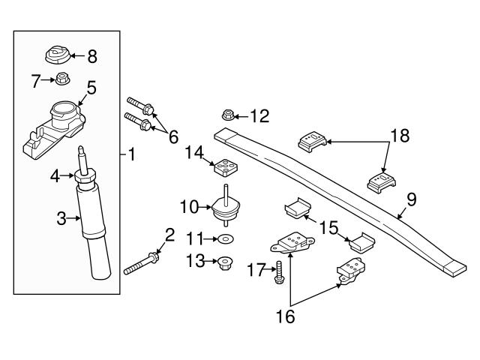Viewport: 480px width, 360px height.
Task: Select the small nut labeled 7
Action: (64, 80)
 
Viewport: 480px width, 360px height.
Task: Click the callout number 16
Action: (286, 316)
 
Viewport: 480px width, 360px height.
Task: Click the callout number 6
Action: (173, 136)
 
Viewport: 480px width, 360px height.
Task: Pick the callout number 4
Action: (54, 176)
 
